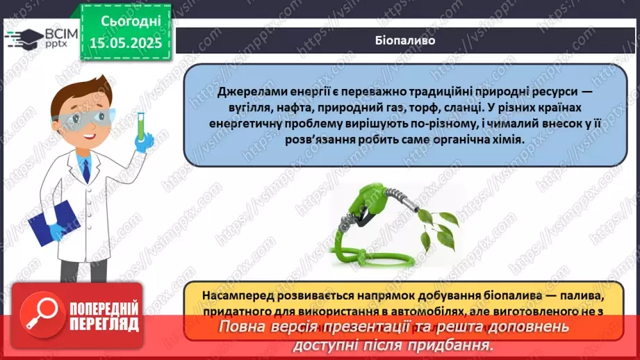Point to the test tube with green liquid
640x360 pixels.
click(x=140, y=126)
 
